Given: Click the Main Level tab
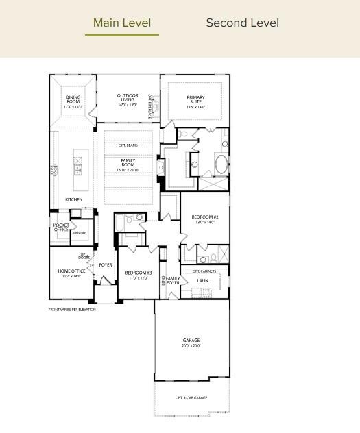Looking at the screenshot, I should click(x=122, y=23).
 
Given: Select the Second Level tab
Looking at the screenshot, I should click(x=242, y=23).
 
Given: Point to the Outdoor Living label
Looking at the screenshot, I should click(x=128, y=100).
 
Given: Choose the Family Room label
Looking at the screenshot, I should click(x=128, y=164).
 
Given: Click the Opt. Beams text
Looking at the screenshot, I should click(x=128, y=145).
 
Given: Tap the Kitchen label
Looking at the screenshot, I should click(x=74, y=199).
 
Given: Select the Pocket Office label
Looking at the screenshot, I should click(x=61, y=227).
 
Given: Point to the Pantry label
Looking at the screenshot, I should click(x=80, y=233).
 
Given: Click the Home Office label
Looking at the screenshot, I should click(x=71, y=273).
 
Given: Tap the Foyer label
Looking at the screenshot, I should click(x=106, y=264).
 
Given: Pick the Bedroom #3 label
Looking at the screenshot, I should click(x=139, y=275).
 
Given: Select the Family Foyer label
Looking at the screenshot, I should click(x=173, y=280).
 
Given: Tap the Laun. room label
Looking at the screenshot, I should click(x=203, y=281).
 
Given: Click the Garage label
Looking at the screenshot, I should click(x=191, y=343).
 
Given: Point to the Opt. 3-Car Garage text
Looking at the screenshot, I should click(x=191, y=397).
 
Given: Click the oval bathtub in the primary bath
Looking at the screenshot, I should click(x=221, y=164).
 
